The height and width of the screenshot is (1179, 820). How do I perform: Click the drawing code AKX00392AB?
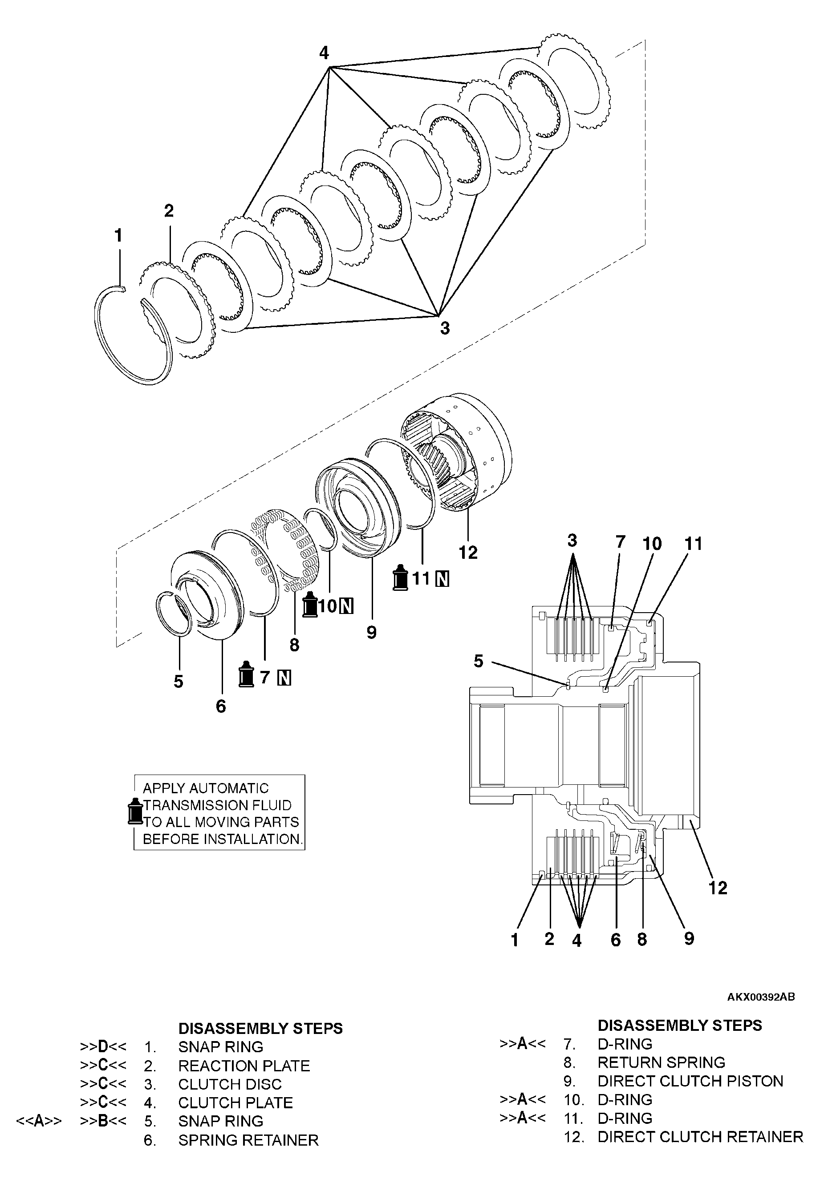tap(760, 997)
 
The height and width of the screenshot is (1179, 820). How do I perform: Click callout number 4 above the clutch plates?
tap(324, 53)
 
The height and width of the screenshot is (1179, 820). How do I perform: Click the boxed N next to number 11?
tap(442, 579)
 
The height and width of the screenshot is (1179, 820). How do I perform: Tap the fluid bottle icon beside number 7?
tap(247, 674)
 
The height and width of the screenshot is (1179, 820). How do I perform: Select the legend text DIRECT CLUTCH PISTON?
tap(690, 1081)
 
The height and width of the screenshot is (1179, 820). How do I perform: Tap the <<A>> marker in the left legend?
tap(39, 1121)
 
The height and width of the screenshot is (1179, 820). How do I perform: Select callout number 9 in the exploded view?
tap(371, 632)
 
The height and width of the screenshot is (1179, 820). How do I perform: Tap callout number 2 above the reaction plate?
tap(169, 210)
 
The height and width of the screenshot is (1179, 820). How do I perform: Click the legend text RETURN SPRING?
tap(661, 1062)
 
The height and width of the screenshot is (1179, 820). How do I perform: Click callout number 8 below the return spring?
tap(294, 645)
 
